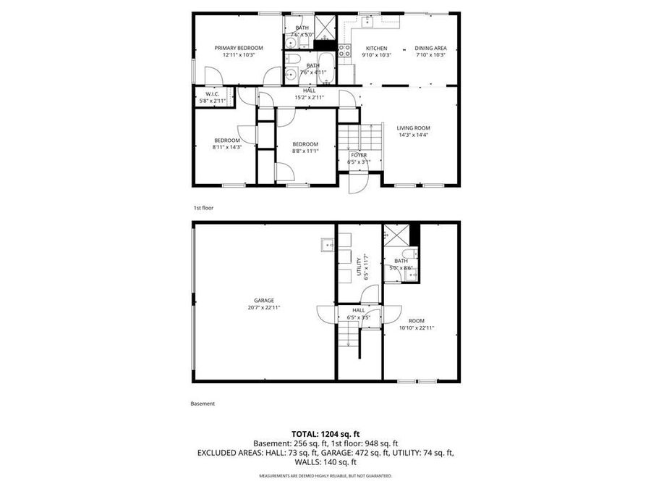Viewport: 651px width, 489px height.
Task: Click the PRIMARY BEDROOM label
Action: pyautogui.click(x=238, y=48)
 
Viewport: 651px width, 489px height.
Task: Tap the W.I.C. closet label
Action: pyautogui.click(x=212, y=93)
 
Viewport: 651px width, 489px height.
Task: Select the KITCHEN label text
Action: pyautogui.click(x=375, y=48)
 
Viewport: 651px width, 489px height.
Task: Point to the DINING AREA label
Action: pyautogui.click(x=430, y=48)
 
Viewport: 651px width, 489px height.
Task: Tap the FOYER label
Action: pyautogui.click(x=359, y=155)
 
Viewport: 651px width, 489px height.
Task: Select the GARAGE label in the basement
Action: pyautogui.click(x=263, y=301)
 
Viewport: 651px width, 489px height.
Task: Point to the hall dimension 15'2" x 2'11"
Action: pyautogui.click(x=309, y=97)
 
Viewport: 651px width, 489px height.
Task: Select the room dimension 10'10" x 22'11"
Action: pyautogui.click(x=417, y=327)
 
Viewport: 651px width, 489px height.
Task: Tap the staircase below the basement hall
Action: pyautogui.click(x=351, y=338)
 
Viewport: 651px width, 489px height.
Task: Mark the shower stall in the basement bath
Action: pyautogui.click(x=396, y=235)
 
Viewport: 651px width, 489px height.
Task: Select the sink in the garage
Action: pyautogui.click(x=326, y=246)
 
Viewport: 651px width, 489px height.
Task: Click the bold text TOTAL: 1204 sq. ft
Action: pyautogui.click(x=325, y=434)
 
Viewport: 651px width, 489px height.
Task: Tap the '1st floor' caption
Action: pyautogui.click(x=203, y=208)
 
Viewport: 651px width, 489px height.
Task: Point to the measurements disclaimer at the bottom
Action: pyautogui.click(x=325, y=476)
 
